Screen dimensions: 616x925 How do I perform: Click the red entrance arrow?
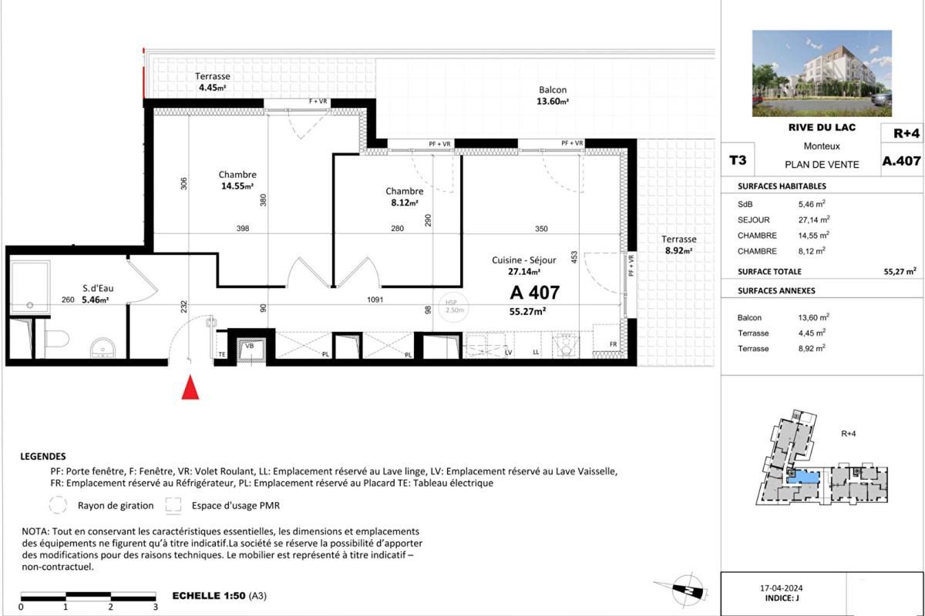click(x=190, y=387)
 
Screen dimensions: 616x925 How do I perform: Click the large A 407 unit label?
click(x=534, y=293)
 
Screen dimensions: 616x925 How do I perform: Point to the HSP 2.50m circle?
click(x=451, y=306)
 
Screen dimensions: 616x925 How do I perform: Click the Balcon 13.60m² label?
click(x=553, y=95)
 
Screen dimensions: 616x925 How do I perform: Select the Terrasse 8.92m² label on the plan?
click(x=678, y=244)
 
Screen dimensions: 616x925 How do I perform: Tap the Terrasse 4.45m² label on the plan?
click(x=212, y=82)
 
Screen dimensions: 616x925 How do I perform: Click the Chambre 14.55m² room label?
click(x=237, y=180)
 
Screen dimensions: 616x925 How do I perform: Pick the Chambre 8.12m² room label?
click(x=404, y=197)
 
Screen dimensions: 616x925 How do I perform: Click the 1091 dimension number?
click(x=374, y=300)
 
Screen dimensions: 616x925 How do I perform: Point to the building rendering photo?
click(x=822, y=73)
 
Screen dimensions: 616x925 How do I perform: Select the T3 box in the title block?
click(x=737, y=161)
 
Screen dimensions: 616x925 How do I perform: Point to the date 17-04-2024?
click(x=782, y=588)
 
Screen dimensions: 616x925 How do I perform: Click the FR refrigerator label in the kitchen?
click(x=613, y=344)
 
